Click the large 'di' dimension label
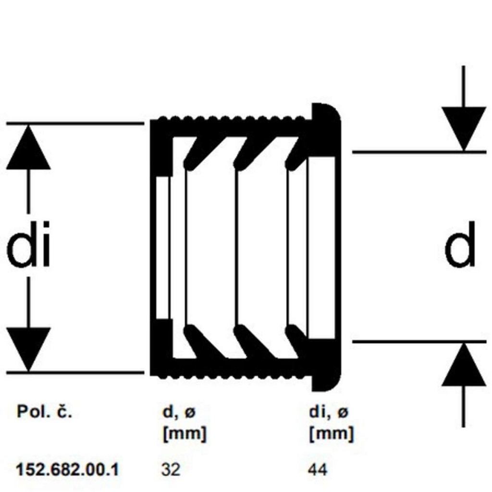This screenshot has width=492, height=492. click(28, 245)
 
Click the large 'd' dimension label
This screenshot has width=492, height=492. click(460, 245)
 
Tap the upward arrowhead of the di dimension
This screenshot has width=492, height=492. click(28, 147)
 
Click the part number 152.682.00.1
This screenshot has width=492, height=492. click(67, 470)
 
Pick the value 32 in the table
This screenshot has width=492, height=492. click(171, 470)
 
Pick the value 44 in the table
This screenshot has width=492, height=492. click(318, 470)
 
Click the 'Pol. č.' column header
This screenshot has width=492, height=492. click(44, 411)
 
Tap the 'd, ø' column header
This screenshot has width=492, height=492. click(179, 412)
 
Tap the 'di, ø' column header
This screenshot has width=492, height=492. click(329, 412)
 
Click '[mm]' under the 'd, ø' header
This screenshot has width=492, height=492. click(185, 434)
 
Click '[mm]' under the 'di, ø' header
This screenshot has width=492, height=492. click(332, 434)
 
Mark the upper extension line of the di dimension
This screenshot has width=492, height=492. click(75, 123)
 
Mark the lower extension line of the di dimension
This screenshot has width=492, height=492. click(75, 373)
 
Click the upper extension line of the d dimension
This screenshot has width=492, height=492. click(419, 152)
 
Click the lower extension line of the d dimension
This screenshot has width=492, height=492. click(419, 342)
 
